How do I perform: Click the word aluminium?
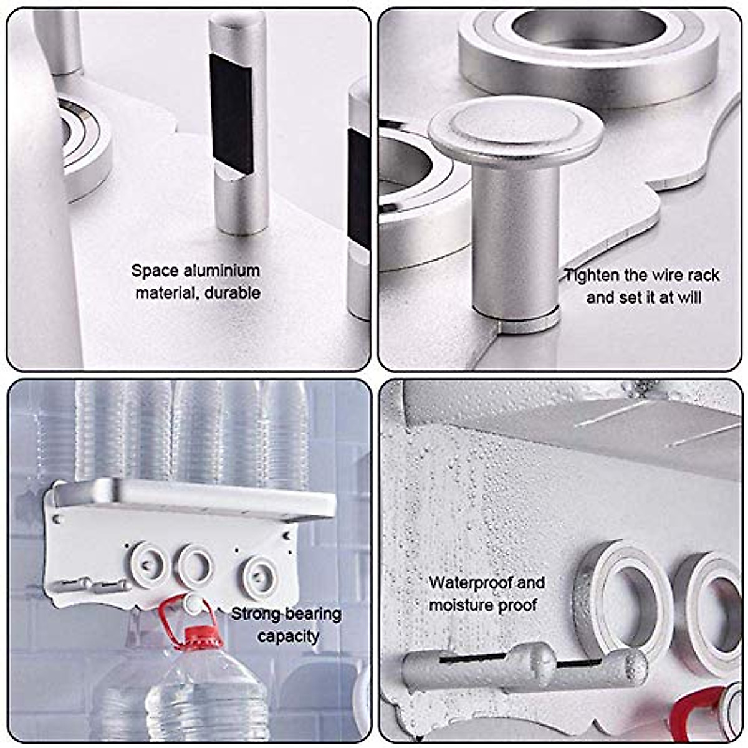coord(222,271)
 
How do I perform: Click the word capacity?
coord(288,636)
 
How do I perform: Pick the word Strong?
coord(255,615)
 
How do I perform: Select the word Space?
coord(155,271)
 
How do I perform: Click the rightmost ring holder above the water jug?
coord(260,572)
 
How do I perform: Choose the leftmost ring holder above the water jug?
coord(148,564)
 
